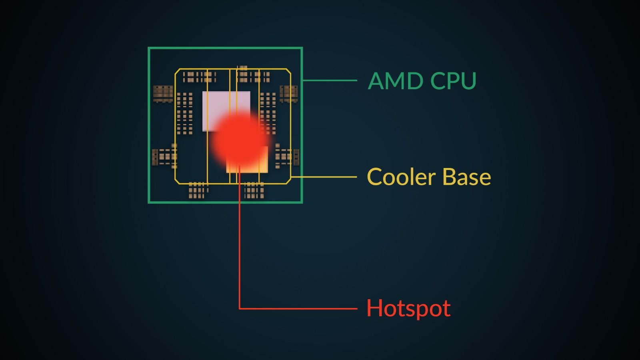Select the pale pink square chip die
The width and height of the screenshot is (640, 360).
tap(226, 111)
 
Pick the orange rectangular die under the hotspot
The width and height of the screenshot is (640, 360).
tap(247, 159)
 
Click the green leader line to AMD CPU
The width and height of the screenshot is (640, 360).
tap(330, 80)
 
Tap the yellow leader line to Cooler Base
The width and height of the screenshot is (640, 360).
tap(324, 177)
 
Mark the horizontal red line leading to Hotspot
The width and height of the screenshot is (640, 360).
tap(298, 308)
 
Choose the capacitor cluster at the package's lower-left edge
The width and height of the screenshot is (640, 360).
tap(164, 156)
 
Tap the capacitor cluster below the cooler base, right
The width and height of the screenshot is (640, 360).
tap(254, 190)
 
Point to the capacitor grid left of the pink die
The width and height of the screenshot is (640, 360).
tap(184, 113)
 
